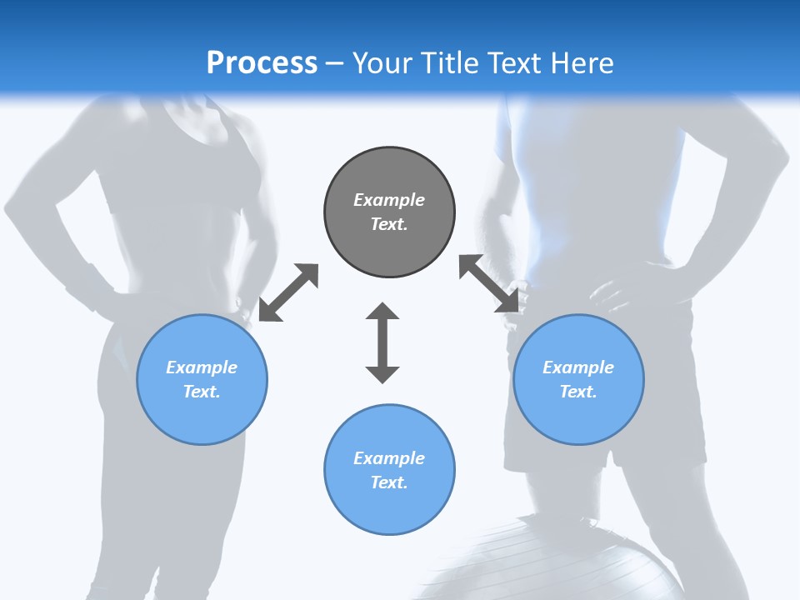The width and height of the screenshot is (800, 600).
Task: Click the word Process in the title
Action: [x=262, y=63]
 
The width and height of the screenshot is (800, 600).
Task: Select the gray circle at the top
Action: [x=389, y=212]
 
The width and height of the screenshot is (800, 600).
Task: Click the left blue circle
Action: [x=202, y=379]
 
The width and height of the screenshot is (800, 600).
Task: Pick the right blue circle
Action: [x=578, y=379]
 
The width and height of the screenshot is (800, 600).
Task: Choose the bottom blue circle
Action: [x=389, y=469]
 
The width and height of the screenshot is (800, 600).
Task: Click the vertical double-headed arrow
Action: [x=382, y=342]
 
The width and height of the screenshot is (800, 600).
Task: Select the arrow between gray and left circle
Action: [x=288, y=292]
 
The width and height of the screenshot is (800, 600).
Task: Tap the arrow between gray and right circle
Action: [x=489, y=284]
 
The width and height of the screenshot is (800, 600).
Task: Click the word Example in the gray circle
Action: [x=389, y=200]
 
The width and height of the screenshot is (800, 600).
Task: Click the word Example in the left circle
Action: [x=202, y=367]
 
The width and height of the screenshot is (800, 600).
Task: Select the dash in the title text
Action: [x=334, y=64]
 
